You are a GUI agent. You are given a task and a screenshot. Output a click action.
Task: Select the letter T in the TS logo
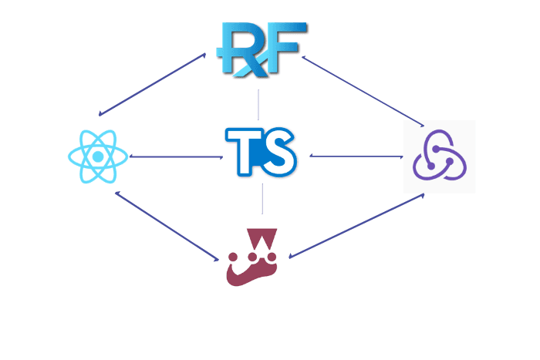coord(244,152)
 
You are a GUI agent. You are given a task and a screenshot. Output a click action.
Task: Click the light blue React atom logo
coord(96,156)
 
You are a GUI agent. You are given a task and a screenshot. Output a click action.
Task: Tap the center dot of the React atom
coord(96,156)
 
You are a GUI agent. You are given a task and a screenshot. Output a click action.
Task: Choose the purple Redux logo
coord(440,156)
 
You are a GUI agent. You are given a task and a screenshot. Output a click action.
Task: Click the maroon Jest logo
coord(252,257)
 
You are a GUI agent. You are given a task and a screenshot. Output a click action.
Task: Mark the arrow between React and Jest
coord(166,226)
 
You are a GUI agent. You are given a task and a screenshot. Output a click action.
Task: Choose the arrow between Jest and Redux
coord(356,226)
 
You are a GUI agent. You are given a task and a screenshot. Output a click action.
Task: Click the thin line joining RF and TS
coord(258,104)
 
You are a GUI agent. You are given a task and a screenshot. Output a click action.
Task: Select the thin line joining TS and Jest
coord(262,198)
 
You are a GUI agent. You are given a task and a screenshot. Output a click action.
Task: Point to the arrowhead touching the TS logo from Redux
coord(312,156)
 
